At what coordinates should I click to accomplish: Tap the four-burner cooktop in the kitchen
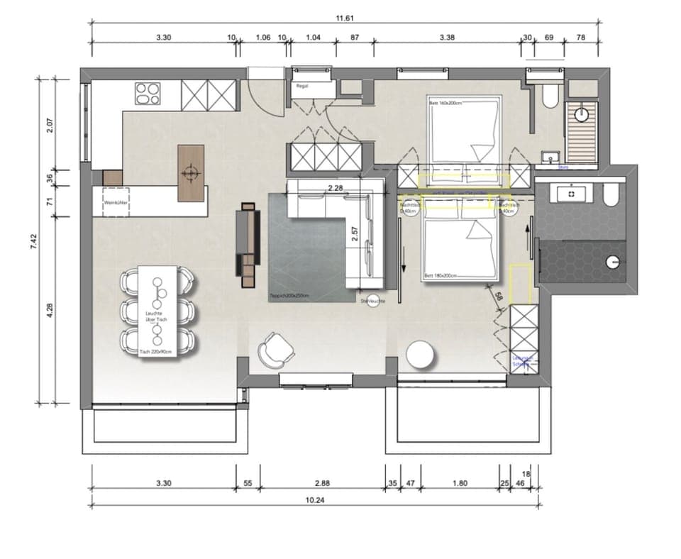pyautogui.click(x=148, y=93)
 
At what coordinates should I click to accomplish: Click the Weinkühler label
pyautogui.click(x=115, y=204)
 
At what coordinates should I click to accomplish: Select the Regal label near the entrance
pyautogui.click(x=301, y=86)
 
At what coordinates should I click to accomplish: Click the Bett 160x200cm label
pyautogui.click(x=445, y=104)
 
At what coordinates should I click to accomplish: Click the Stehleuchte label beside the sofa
pyautogui.click(x=373, y=301)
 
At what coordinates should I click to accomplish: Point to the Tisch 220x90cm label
pyautogui.click(x=157, y=351)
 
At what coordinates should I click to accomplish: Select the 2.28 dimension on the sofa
pyautogui.click(x=336, y=188)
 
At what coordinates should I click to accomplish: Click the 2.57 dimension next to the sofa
pyautogui.click(x=356, y=233)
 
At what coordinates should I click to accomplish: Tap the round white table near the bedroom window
pyautogui.click(x=419, y=355)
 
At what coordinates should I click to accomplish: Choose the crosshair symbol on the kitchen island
pyautogui.click(x=189, y=172)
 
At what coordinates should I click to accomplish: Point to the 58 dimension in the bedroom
pyautogui.click(x=499, y=297)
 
